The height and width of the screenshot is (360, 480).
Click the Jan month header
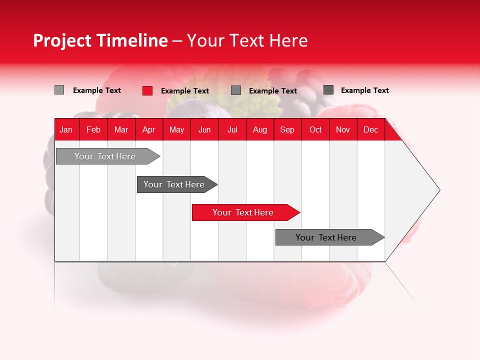(x=66, y=129)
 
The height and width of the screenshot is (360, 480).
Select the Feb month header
(x=93, y=129)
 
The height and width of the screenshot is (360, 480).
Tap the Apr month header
(x=149, y=129)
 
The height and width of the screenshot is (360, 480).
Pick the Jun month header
(x=204, y=129)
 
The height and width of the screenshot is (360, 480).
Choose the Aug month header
(x=260, y=129)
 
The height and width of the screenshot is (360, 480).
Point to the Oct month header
(x=315, y=129)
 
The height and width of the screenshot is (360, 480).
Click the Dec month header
(x=371, y=129)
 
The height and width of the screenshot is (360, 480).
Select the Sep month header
(x=287, y=129)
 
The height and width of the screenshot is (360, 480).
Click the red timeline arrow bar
(x=245, y=212)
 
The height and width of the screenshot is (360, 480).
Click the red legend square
(x=147, y=90)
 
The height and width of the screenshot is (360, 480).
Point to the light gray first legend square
(x=59, y=90)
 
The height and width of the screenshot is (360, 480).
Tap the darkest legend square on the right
(x=328, y=90)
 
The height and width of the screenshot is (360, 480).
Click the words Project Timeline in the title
(x=100, y=40)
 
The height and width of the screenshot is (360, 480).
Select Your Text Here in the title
(x=247, y=40)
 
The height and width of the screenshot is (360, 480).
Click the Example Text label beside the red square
(x=185, y=91)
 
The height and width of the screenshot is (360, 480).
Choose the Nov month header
(x=343, y=129)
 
